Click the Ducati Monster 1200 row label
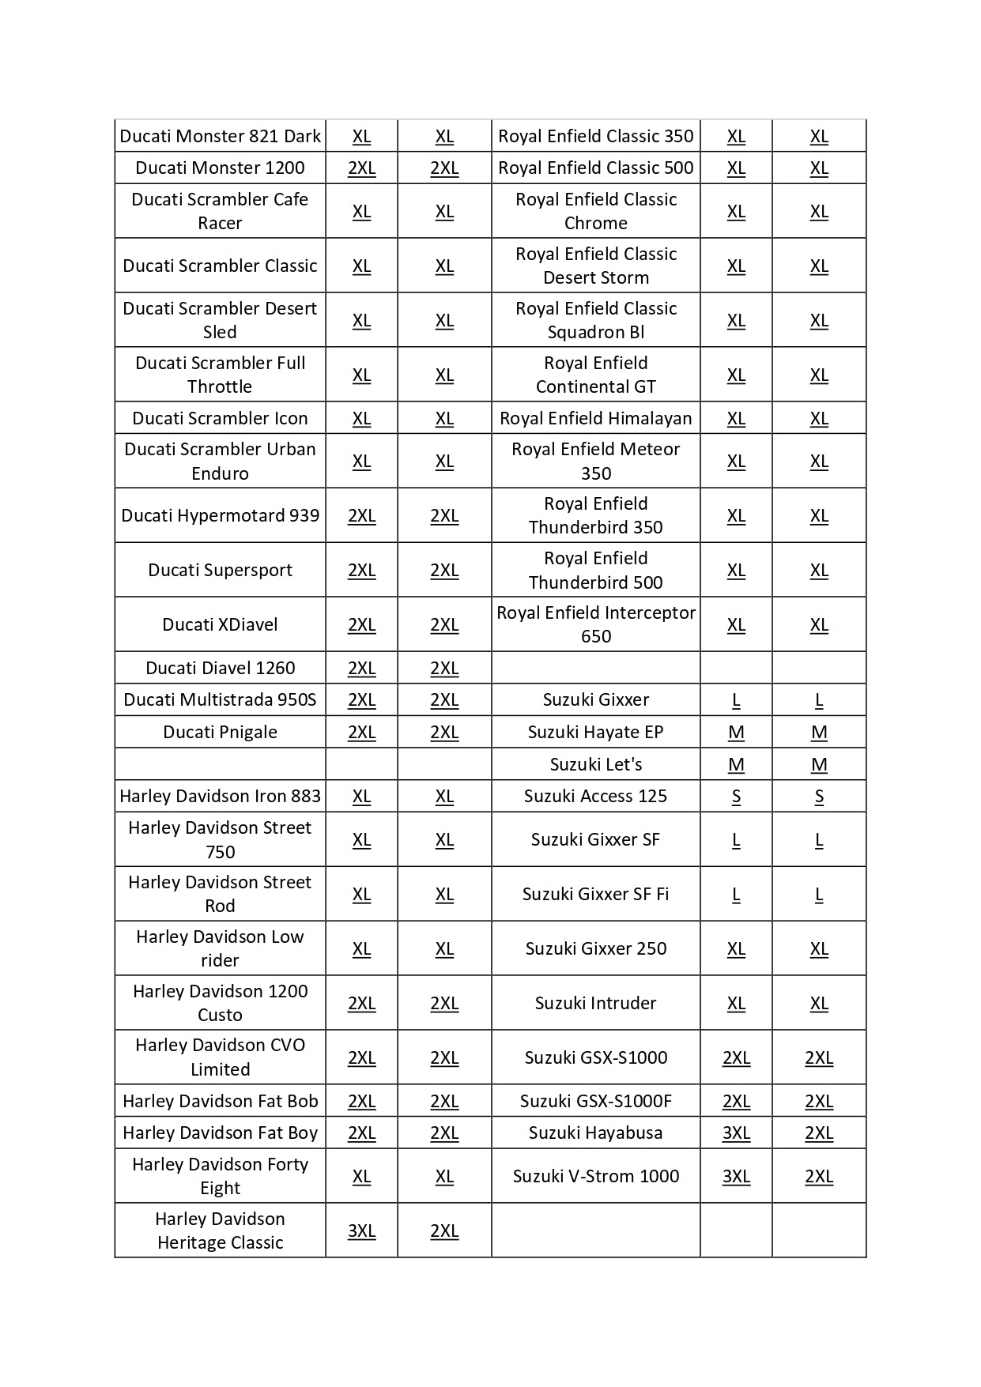click(220, 168)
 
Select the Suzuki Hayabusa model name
click(595, 1133)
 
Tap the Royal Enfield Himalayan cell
click(595, 418)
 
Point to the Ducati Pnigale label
click(220, 732)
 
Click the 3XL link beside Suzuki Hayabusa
click(736, 1133)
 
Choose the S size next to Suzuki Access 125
click(736, 796)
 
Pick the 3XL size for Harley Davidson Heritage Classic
click(361, 1231)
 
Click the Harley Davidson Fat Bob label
click(220, 1101)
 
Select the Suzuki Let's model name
click(595, 764)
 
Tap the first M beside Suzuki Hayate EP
click(736, 732)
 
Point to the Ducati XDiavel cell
click(220, 624)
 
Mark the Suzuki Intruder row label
click(595, 1003)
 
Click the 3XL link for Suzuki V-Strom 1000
click(736, 1176)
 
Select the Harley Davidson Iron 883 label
click(220, 796)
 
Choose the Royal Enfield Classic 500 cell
click(595, 168)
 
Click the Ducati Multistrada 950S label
click(220, 699)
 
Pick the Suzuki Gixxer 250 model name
click(595, 948)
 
